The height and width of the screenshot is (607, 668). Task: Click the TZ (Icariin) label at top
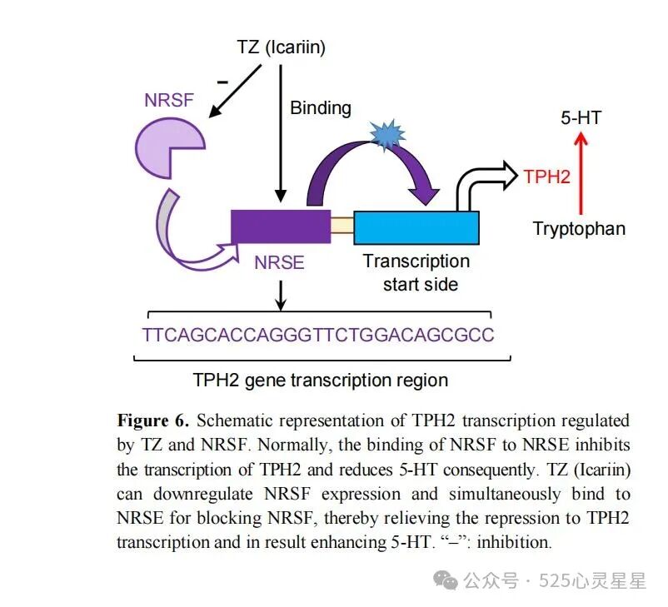[x=281, y=47]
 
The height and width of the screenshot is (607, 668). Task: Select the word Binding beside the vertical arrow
[x=321, y=107]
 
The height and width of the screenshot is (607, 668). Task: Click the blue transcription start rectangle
[x=416, y=227]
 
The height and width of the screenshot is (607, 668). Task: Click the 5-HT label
[x=580, y=118]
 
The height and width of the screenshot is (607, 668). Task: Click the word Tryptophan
[x=579, y=228]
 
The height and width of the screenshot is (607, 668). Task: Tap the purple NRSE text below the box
[x=280, y=264]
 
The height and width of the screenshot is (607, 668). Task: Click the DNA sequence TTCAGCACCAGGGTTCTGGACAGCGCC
[x=318, y=335]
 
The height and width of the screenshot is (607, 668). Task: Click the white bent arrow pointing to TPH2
[x=480, y=184]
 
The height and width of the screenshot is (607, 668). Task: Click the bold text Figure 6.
[x=153, y=420]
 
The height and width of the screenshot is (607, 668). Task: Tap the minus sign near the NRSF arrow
[x=222, y=82]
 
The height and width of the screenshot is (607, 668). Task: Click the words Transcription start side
[x=416, y=272]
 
